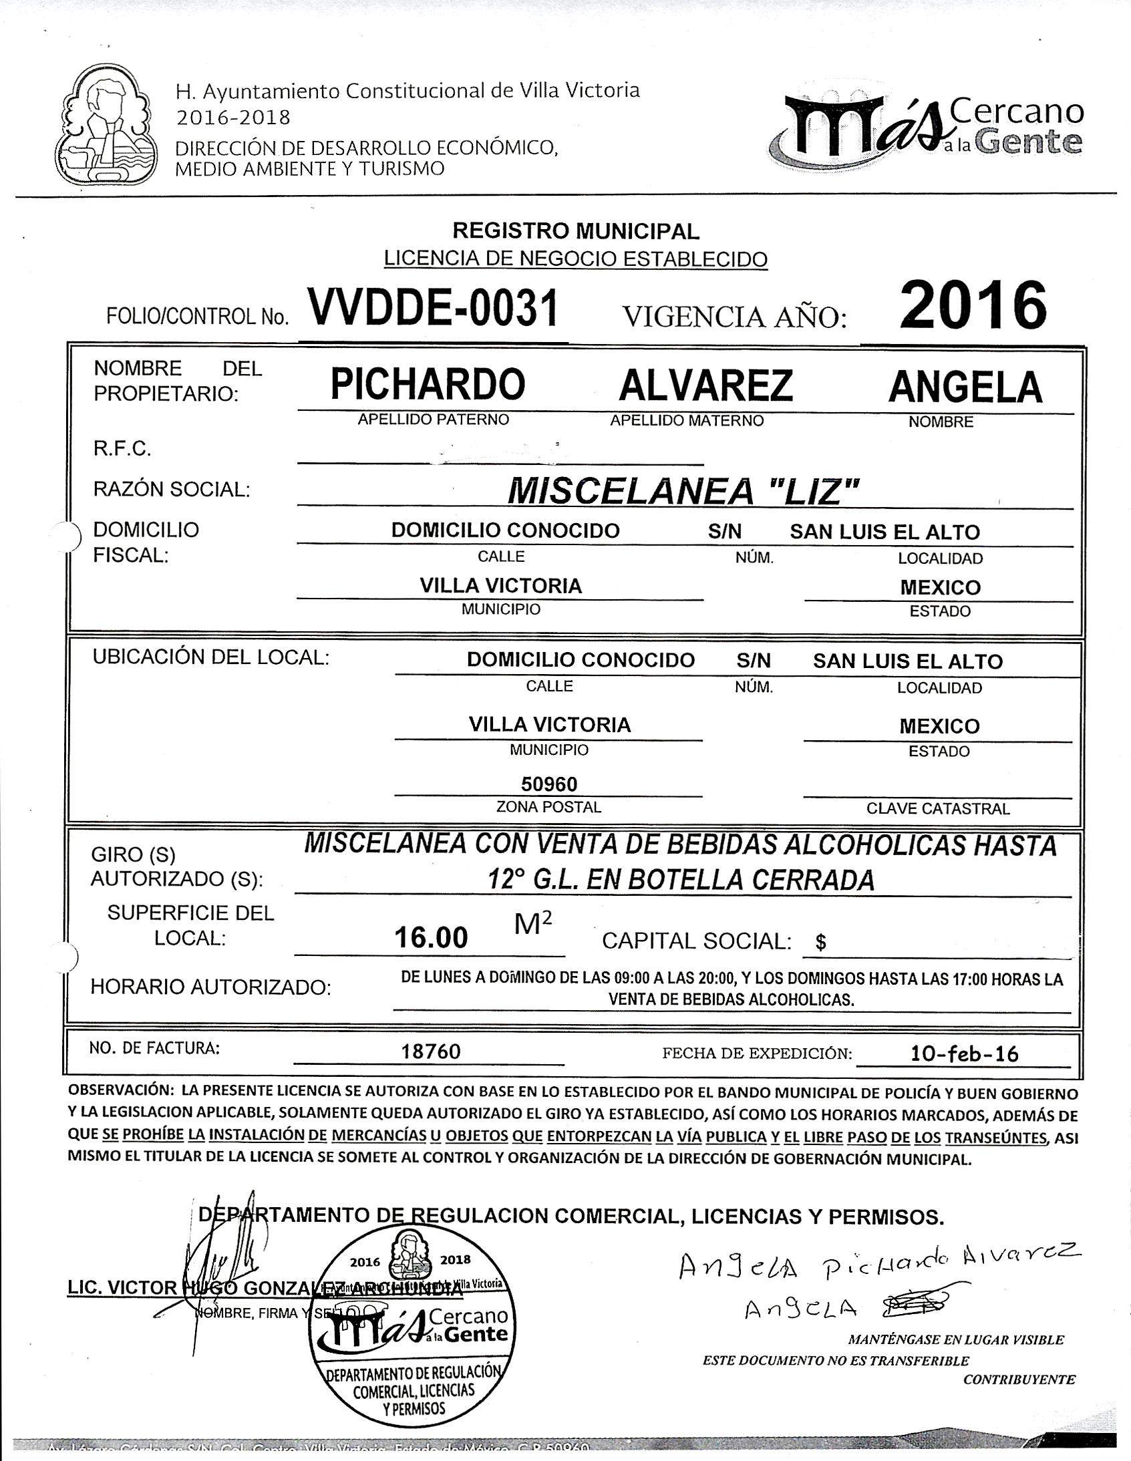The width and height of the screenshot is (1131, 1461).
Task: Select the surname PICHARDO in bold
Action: [428, 385]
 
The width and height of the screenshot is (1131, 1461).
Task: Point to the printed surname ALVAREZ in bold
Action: [705, 385]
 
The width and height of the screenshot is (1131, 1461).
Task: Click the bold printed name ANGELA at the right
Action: [965, 387]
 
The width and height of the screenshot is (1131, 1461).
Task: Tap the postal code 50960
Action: [549, 784]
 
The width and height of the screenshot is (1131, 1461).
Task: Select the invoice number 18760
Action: [431, 1051]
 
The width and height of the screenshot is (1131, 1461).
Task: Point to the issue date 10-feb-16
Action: [965, 1054]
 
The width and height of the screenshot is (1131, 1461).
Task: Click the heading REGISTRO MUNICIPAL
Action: [576, 231]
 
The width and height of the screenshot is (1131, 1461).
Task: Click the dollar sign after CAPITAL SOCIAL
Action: [821, 943]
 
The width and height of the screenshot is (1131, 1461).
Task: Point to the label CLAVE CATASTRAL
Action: [938, 809]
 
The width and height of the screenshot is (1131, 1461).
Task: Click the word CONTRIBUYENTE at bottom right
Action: [1019, 1379]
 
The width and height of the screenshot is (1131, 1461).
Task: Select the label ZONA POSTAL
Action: [548, 808]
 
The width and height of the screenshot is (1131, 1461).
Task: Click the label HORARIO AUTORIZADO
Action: [210, 987]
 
